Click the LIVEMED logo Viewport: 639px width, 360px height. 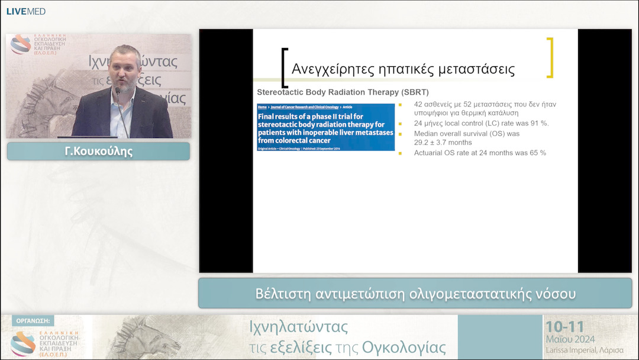(26, 11)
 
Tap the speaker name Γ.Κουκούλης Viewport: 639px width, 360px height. (98, 151)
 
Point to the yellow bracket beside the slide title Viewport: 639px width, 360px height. (550, 57)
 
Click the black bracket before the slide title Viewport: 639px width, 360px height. (285, 67)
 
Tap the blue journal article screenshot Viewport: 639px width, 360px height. (325, 127)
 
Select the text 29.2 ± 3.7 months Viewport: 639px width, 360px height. (443, 143)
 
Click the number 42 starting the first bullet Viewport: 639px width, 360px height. (419, 104)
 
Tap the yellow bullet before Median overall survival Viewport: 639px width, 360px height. (401, 134)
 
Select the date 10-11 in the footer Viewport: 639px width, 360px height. (565, 326)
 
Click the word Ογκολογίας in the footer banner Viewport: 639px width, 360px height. (404, 347)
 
